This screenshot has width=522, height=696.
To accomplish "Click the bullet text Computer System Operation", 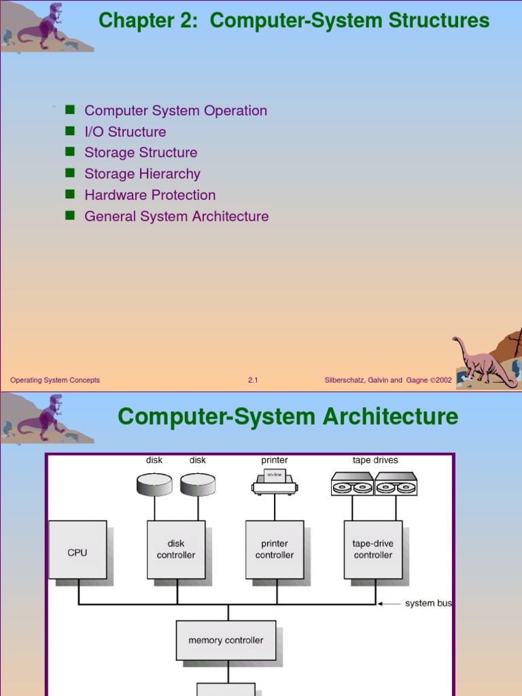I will point(175,111).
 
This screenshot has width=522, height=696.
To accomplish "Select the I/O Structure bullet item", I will point(125,132).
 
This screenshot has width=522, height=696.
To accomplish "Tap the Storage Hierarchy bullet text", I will point(142,174).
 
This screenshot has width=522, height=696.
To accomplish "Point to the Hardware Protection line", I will point(150,195).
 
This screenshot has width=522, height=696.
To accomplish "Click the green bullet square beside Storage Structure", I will point(69,152).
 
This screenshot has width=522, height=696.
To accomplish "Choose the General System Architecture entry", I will point(176,216).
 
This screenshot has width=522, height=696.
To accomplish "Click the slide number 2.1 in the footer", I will point(253,380).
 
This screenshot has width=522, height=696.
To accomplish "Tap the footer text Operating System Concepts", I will point(55,380).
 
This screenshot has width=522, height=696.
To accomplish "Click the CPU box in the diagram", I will point(77,550).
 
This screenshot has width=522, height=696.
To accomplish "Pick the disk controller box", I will point(176,550).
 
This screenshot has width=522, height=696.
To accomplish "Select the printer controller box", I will point(275,550).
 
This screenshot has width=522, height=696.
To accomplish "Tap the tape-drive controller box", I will point(373,550).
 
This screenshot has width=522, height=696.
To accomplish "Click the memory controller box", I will point(226,640).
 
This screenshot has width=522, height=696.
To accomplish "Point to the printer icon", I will point(275,482).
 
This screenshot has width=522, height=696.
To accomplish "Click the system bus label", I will point(428,604).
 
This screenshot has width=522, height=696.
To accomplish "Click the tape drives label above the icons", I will point(375,460).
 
